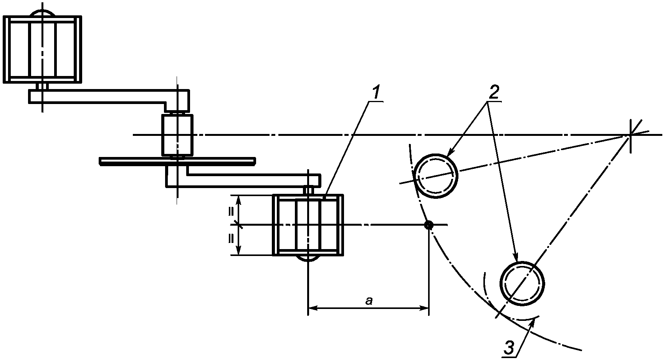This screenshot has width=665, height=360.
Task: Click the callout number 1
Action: pyautogui.click(x=376, y=92)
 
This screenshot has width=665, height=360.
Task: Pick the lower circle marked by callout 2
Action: pyautogui.click(x=523, y=284)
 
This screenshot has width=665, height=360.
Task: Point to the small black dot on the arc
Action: pyautogui.click(x=428, y=225)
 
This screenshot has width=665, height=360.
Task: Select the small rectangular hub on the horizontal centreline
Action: pyautogui.click(x=177, y=135)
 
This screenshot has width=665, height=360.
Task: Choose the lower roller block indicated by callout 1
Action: pyautogui.click(x=308, y=225)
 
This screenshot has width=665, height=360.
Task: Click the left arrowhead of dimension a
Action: pyautogui.click(x=311, y=308)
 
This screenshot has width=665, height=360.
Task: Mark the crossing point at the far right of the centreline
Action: pyautogui.click(x=630, y=135)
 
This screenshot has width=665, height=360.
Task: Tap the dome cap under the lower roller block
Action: pyautogui.click(x=308, y=258)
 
